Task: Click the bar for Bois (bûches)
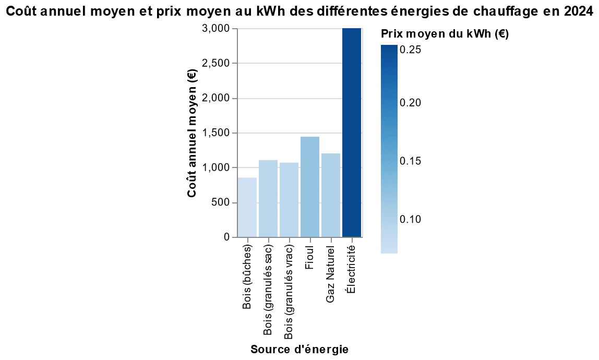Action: [x=247, y=208]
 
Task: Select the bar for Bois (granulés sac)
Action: [x=268, y=199]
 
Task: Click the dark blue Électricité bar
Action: [x=352, y=133]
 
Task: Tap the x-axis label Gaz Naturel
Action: [x=331, y=273]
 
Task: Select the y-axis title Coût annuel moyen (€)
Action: [x=192, y=133]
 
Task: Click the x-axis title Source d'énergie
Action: [x=299, y=349]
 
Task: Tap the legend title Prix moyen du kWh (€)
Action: [x=445, y=34]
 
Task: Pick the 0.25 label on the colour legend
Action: [x=410, y=50]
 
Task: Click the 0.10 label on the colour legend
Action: [x=410, y=219]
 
